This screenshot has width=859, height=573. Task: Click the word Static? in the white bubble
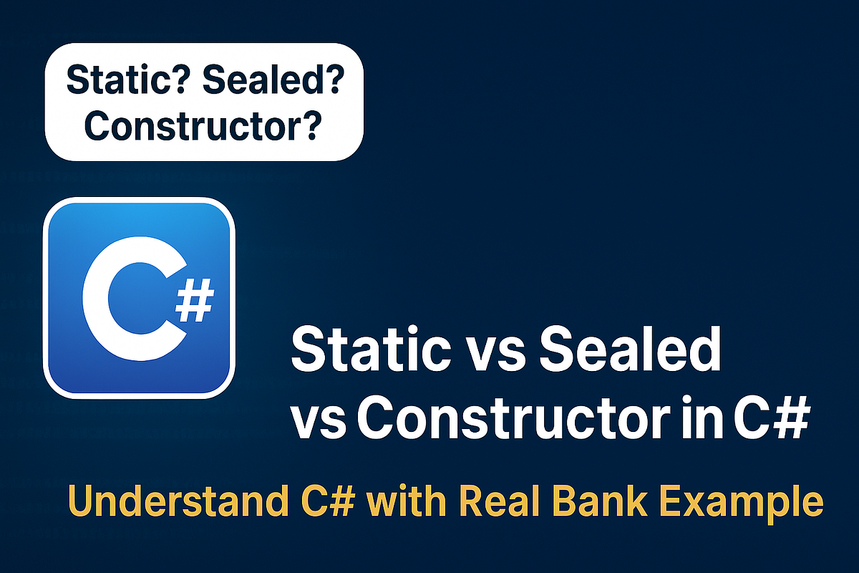click(x=127, y=80)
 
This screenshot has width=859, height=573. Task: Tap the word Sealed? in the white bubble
click(x=273, y=80)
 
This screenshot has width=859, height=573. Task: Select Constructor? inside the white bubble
click(x=203, y=125)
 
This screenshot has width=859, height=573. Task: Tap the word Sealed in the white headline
click(x=630, y=350)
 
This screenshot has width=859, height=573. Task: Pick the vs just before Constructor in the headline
click(x=319, y=423)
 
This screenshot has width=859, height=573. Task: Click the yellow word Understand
click(x=178, y=501)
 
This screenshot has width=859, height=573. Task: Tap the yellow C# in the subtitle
click(x=328, y=501)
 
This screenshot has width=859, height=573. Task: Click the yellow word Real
click(x=498, y=501)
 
